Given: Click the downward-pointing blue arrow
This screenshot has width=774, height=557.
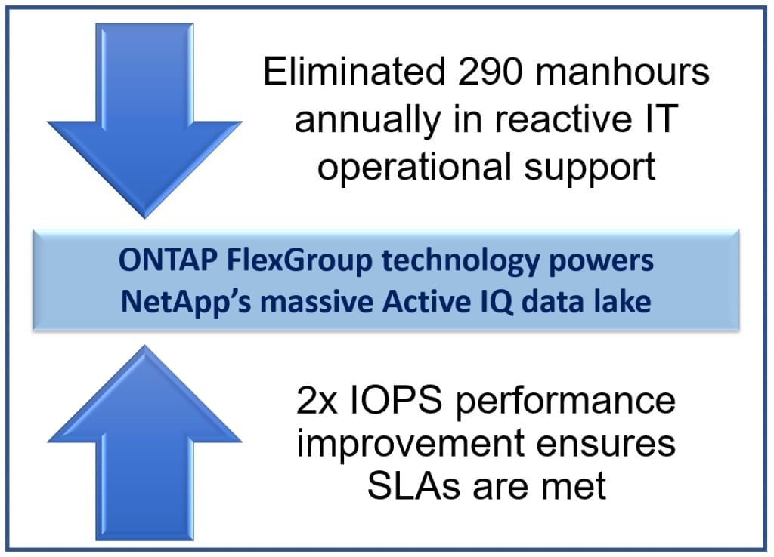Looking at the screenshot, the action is (144, 118).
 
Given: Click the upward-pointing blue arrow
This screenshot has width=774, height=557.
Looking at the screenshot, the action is (144, 444).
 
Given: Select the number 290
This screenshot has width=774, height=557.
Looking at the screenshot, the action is (490, 72).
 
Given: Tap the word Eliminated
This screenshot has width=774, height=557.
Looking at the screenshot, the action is (354, 72).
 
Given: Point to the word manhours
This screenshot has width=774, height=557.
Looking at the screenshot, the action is (622, 72).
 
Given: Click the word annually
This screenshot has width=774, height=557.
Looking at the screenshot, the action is (368, 120).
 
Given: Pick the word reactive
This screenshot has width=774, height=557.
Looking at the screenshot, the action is (563, 118).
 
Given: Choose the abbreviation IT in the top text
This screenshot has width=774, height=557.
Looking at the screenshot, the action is (661, 118).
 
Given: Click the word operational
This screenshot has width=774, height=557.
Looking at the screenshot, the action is (414, 167).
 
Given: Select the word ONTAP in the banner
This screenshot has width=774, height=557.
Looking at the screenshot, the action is (167, 260).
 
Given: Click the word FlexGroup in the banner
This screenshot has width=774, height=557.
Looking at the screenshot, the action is (299, 261).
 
